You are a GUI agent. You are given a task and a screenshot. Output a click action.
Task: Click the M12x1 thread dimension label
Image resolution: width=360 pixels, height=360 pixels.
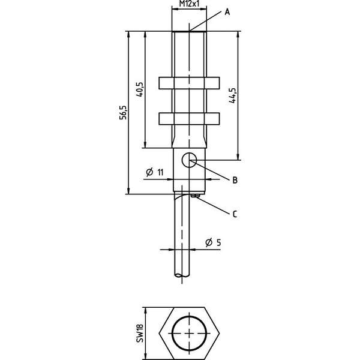pyautogui.click(x=189, y=4)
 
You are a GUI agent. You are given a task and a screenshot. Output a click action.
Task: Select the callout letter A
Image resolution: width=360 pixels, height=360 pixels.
pyautogui.click(x=227, y=12)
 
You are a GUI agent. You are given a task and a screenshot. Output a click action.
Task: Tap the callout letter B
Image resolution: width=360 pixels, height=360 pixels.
pyautogui.click(x=235, y=180)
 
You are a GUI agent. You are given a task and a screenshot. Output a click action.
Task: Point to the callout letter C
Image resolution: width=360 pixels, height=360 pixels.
pyautogui.click(x=235, y=214)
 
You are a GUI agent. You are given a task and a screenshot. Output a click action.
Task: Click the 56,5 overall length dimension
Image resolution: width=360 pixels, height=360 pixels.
pyautogui.click(x=123, y=113)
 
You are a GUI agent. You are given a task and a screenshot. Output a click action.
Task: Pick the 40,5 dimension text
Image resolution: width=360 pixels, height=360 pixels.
pyautogui.click(x=140, y=89)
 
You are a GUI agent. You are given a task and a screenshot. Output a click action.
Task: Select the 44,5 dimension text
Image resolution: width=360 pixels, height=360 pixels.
pyautogui.click(x=233, y=95)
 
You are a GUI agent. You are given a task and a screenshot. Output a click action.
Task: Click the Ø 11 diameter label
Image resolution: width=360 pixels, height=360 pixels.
pyautogui.click(x=155, y=172)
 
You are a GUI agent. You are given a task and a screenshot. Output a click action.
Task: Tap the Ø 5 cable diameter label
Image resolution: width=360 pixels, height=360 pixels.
pyautogui.click(x=213, y=242)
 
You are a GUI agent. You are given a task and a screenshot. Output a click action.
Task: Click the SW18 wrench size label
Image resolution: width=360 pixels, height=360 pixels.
pyautogui.click(x=140, y=334)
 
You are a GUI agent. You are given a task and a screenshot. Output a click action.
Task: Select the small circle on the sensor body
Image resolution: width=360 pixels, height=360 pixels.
pyautogui.click(x=190, y=160)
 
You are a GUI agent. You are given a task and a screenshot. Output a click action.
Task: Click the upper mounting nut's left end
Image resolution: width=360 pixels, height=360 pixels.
pyautogui.click(x=159, y=83)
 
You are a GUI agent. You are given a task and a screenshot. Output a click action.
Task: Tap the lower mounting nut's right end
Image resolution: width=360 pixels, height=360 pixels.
pyautogui.click(x=219, y=119)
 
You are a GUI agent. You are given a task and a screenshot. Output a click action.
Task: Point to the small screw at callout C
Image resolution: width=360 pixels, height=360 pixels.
pyautogui.click(x=195, y=196)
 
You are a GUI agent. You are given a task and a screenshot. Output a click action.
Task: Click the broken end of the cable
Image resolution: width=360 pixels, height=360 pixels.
pyautogui.click(x=182, y=275)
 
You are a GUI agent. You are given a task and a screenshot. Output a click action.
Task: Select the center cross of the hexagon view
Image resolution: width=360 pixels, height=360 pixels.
pyautogui.click(x=190, y=333)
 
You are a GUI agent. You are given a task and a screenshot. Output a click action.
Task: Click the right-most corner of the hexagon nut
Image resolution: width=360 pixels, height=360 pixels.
pyautogui.click(x=220, y=333)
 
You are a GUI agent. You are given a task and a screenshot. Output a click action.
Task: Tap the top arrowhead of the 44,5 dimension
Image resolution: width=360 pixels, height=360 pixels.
pyautogui.click(x=238, y=34)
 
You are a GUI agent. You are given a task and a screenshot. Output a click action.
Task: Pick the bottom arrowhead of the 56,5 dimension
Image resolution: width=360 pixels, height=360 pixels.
pyautogui.click(x=128, y=191)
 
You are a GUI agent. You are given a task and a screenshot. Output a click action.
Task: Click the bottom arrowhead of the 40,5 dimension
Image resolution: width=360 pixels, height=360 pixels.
pyautogui.click(x=145, y=145)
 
